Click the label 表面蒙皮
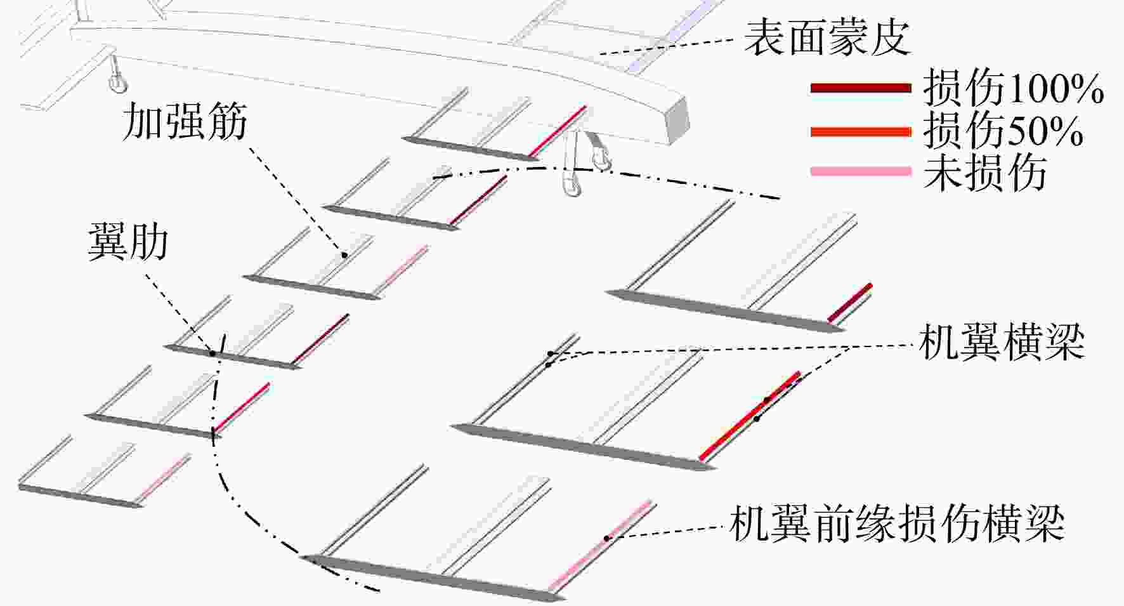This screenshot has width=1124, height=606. [827, 37]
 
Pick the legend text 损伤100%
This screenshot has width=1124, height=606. [1013, 88]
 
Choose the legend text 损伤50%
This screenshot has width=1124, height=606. [1003, 130]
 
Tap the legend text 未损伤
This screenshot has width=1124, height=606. [984, 171]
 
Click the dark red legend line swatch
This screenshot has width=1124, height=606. [861, 88]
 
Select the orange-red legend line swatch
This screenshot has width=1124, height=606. [861, 131]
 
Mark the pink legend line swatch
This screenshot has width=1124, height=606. [861, 171]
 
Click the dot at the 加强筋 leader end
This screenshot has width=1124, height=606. [344, 255]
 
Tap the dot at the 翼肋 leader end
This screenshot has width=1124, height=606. [213, 353]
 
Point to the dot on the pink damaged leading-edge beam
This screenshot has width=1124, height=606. [607, 538]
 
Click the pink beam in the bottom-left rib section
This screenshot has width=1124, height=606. [165, 476]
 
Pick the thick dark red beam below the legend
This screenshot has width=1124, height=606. [850, 303]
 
